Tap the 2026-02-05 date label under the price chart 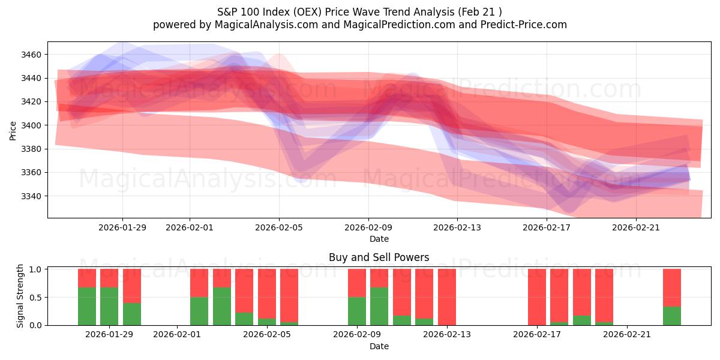[x=278, y=227]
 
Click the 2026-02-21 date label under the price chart [x=636, y=227]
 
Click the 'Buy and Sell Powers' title [x=379, y=257]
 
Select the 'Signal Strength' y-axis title [x=20, y=296]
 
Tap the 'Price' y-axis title [x=13, y=130]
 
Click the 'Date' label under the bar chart [x=379, y=346]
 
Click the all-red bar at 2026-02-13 [x=446, y=297]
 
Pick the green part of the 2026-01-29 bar [x=109, y=306]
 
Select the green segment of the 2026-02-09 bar [x=357, y=311]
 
